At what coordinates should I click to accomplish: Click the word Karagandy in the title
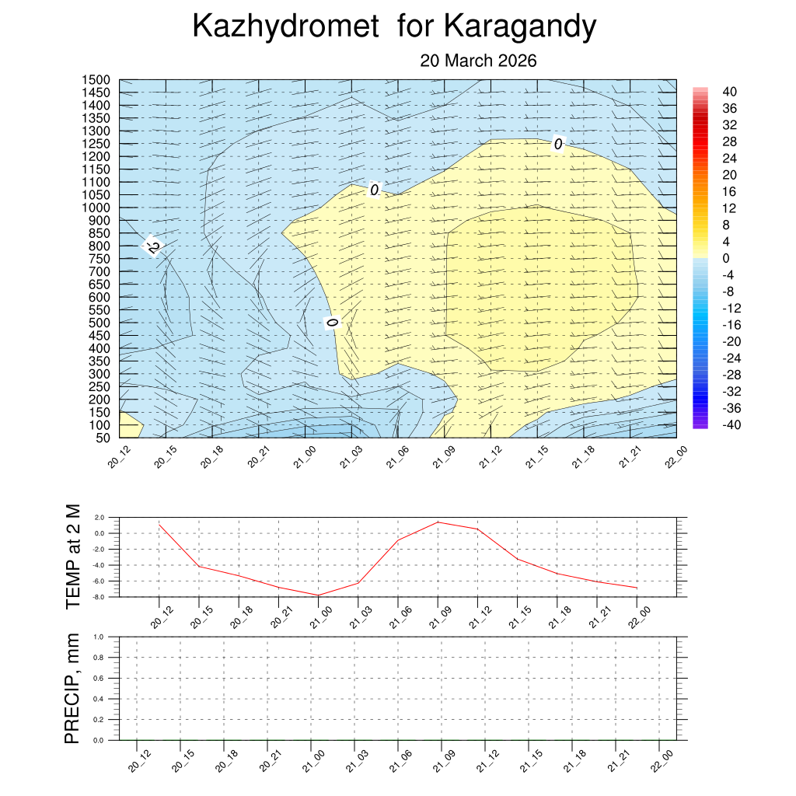coord(520,27)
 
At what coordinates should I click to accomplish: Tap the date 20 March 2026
coord(478,61)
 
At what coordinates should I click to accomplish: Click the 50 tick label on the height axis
coord(103,438)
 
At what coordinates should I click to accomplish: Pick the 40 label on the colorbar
coord(729,91)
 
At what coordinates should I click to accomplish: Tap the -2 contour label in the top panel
coord(152,246)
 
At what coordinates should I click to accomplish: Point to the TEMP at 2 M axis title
coord(73,556)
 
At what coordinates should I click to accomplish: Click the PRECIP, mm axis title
coord(73,688)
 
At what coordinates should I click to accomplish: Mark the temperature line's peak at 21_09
coord(438,522)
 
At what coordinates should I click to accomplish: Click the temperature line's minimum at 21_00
coord(318,595)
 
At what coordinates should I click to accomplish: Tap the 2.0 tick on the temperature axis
coord(99,517)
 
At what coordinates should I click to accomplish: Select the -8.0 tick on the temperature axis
coord(98,597)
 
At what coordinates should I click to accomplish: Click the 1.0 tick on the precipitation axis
coord(99,636)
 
